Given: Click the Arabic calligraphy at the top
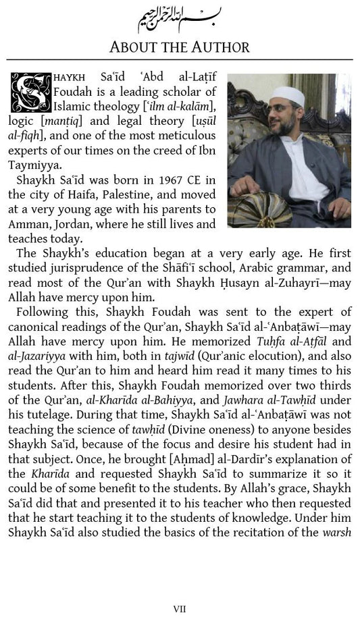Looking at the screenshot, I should pos(180,18).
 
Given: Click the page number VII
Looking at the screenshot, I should pos(180,608).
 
